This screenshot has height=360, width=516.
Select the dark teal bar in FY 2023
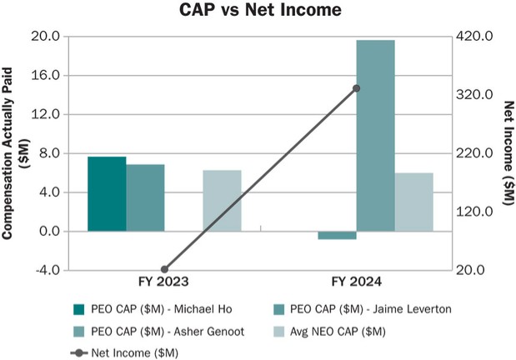107,193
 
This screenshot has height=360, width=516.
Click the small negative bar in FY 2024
337,235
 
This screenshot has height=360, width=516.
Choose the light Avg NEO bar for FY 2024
414,202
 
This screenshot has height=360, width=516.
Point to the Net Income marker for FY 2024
356,87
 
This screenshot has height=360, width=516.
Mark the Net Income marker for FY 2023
164,269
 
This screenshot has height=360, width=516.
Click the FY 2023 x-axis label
164,283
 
